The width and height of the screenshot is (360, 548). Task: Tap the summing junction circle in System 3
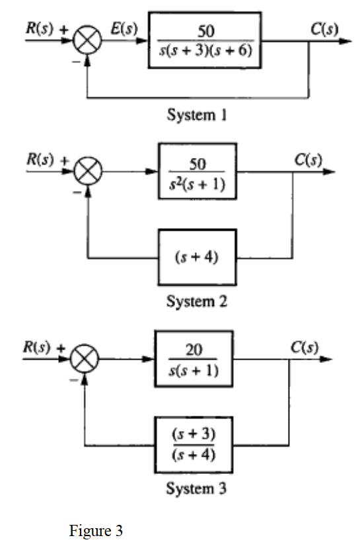[x=85, y=361]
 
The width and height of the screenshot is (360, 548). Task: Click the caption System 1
[x=197, y=116]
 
